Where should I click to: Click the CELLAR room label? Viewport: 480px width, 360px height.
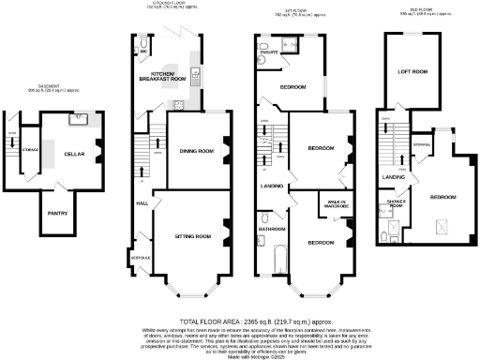tap(74, 153)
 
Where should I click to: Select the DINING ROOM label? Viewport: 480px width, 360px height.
tap(197, 151)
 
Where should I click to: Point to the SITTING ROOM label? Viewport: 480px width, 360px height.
tap(194, 235)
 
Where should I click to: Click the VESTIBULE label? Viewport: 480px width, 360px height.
tap(138, 255)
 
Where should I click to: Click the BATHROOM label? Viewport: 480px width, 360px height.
tap(273, 229)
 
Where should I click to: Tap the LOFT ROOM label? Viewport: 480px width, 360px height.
tap(412, 71)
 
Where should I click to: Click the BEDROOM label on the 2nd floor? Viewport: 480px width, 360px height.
tap(442, 197)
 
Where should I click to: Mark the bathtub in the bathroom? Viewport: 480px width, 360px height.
tap(274, 258)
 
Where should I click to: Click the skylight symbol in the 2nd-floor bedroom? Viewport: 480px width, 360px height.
tap(441, 225)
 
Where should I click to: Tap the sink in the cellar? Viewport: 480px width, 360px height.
tap(80, 118)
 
